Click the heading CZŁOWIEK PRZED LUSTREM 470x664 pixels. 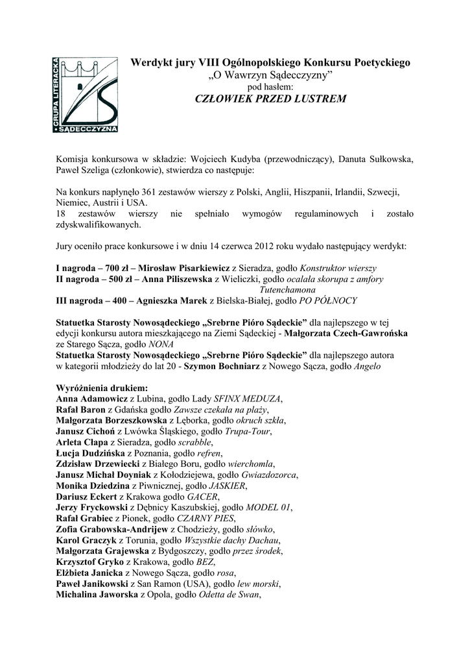pos(270,99)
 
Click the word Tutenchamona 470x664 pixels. pos(287,290)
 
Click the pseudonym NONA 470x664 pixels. pos(161,344)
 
